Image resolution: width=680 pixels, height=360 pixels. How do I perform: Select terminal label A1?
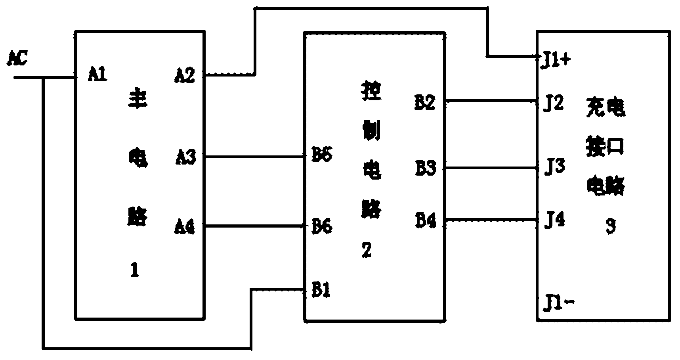(97, 75)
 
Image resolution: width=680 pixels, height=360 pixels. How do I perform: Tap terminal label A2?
(185, 75)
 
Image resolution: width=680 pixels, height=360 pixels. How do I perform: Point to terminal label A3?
(185, 157)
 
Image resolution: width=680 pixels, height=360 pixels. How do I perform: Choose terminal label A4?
(185, 227)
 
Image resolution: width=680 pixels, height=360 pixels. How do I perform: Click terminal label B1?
(321, 291)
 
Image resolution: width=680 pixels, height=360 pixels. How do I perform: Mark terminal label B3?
(426, 169)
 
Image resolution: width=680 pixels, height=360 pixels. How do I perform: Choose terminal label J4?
(554, 220)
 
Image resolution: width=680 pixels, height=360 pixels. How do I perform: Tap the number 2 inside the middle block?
(367, 250)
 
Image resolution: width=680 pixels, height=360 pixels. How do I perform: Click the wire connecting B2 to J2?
(491, 101)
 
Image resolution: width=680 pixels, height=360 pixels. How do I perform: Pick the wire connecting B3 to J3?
(491, 169)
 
